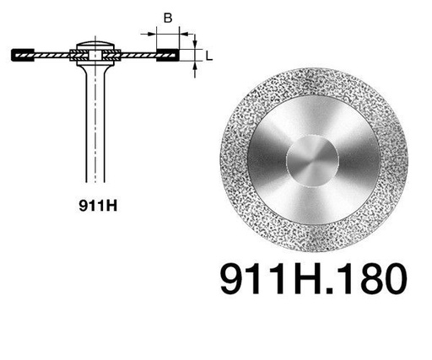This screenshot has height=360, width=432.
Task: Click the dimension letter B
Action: [168, 19]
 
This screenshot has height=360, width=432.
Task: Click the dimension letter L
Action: [208, 56]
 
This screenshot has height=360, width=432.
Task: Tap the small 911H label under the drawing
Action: [98, 206]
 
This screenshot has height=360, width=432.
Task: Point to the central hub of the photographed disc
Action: [312, 161]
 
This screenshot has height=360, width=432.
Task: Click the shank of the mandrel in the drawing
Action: [95, 126]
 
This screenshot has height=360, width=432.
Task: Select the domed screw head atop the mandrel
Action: [95, 45]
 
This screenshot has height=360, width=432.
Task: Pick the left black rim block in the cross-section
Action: [23, 55]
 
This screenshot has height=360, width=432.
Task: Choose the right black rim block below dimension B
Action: [168, 55]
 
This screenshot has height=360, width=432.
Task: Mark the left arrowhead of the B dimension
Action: [152, 35]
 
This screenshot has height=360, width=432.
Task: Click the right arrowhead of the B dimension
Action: [183, 35]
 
